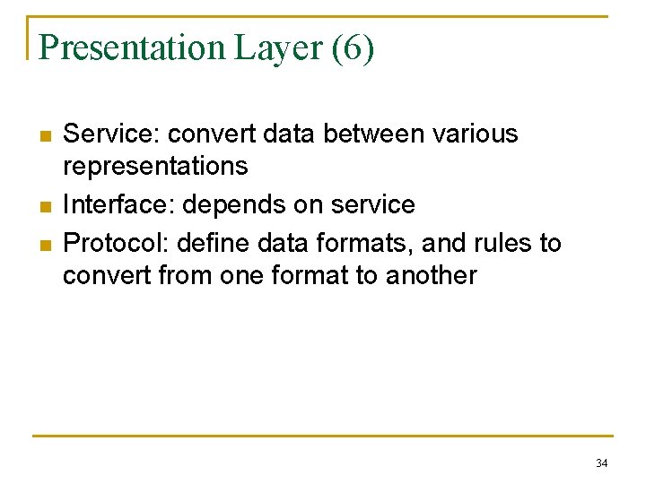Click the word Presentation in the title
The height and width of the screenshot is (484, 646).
click(133, 48)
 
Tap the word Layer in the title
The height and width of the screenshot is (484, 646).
click(278, 48)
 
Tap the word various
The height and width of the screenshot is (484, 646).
click(475, 134)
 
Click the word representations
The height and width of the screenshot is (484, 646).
click(154, 167)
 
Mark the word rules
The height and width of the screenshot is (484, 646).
click(506, 242)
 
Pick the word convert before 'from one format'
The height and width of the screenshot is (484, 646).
click(107, 276)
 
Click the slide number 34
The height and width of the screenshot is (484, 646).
click(601, 463)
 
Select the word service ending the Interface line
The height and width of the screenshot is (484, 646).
click(372, 204)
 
